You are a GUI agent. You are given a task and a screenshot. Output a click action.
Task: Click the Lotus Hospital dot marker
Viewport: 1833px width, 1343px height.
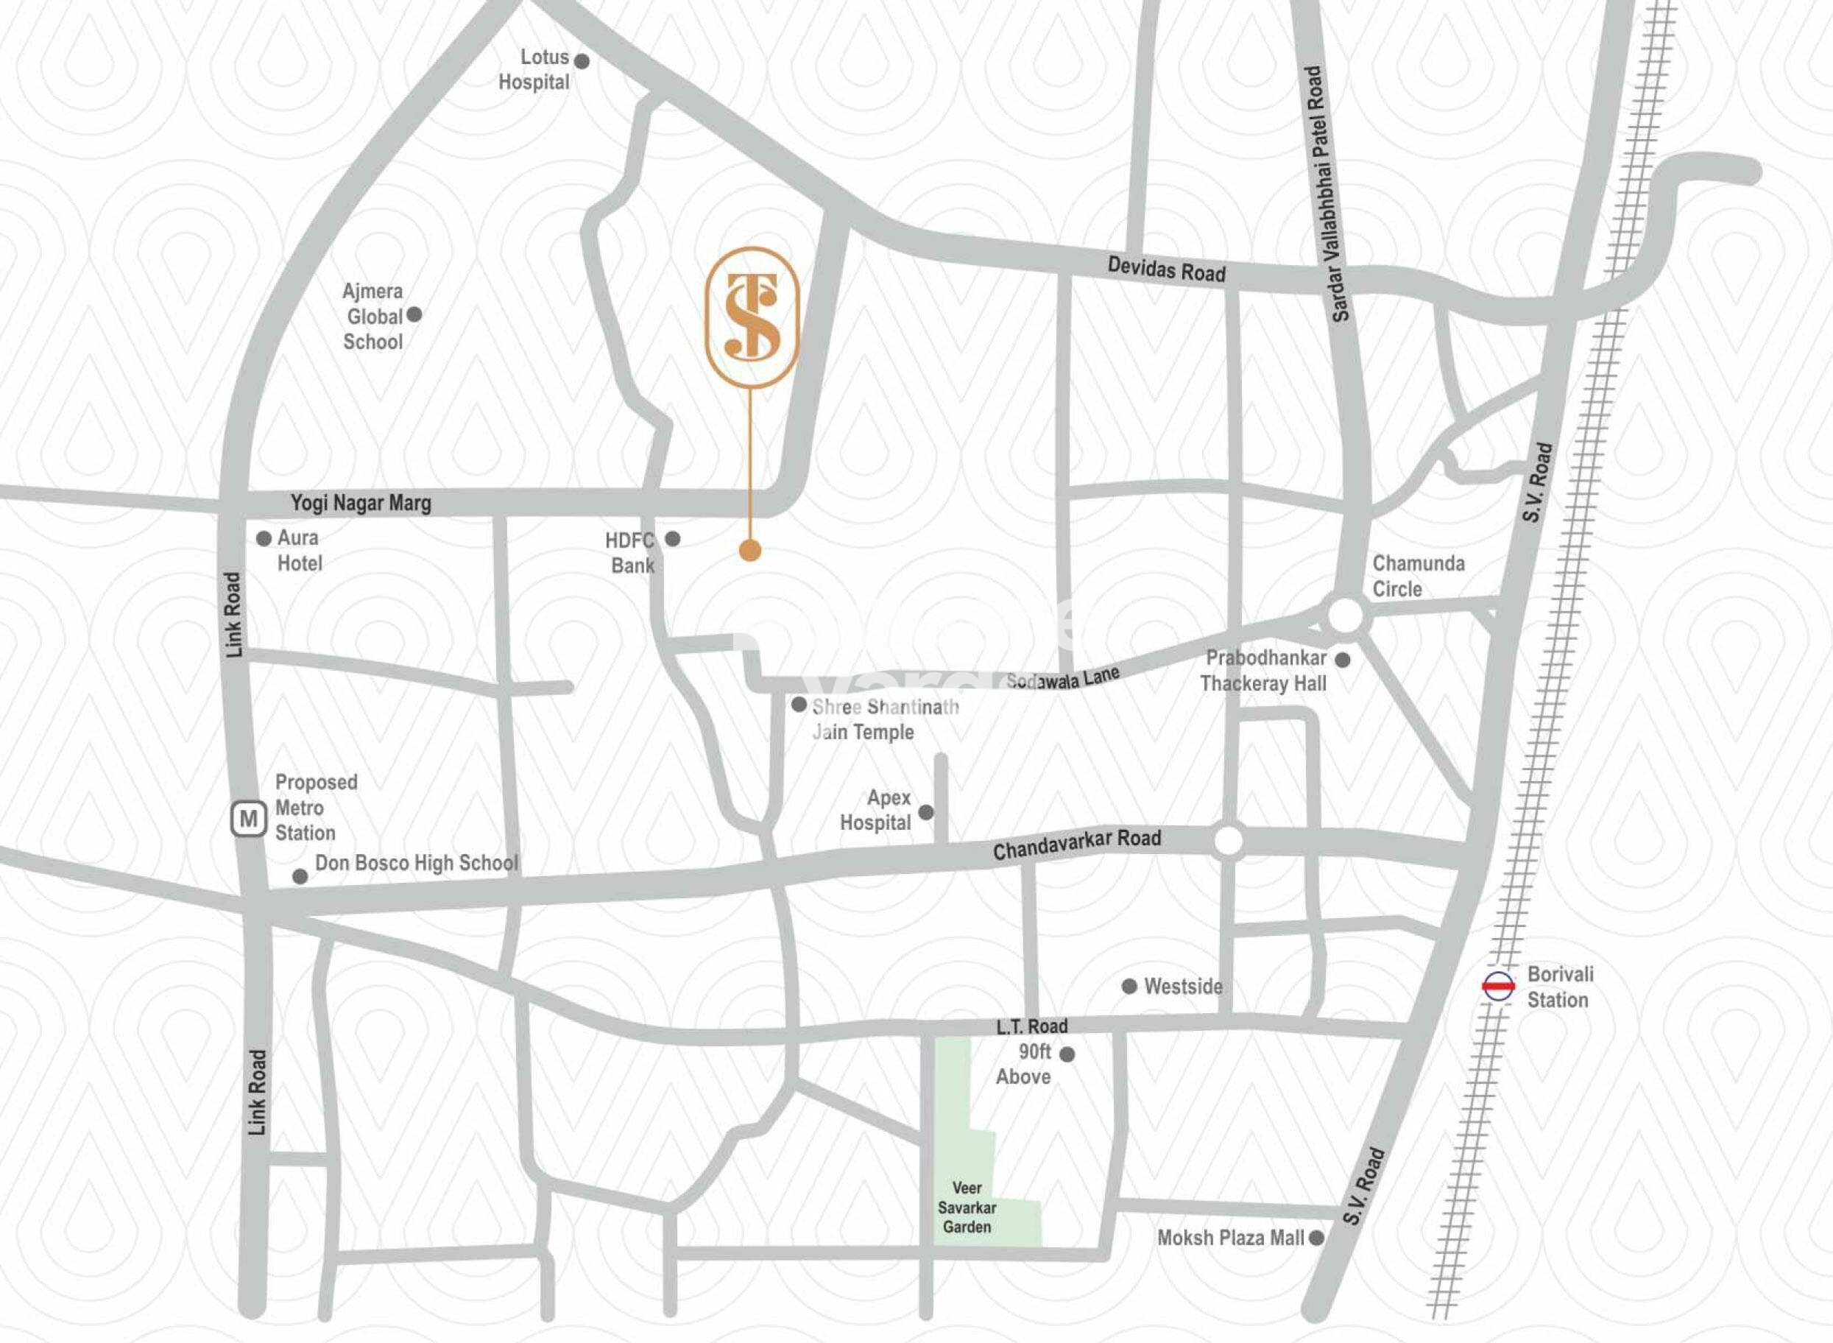(582, 61)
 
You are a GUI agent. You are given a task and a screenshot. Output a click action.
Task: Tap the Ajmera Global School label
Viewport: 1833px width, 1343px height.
(373, 317)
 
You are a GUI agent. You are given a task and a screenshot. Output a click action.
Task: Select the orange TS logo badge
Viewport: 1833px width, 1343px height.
(752, 317)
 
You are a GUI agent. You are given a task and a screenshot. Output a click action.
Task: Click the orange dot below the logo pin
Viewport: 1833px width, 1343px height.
(750, 550)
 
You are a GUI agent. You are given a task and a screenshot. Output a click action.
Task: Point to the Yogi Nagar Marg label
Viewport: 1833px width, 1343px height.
(361, 503)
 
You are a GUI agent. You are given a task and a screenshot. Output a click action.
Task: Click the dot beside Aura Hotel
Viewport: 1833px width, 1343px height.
(264, 539)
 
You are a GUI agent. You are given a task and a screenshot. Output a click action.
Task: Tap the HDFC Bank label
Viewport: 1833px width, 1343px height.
(630, 553)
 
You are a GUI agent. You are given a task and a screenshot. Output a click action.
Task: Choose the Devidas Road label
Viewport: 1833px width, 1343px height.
(1167, 269)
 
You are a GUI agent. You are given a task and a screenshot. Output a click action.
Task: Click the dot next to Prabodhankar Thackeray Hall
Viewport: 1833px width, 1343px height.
(1343, 660)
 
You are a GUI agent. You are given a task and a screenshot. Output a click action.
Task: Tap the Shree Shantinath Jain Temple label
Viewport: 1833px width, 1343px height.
(884, 719)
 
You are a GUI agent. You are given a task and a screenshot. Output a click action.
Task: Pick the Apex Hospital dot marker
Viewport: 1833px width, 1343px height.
(926, 812)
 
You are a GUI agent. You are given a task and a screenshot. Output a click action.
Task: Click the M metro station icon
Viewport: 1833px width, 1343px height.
(249, 819)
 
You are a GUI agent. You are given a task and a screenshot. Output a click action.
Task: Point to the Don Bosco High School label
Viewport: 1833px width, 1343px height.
(416, 864)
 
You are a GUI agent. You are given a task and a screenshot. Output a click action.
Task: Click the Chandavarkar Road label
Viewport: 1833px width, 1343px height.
(1077, 844)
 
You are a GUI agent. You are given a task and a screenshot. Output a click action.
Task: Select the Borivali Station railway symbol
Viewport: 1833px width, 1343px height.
(1498, 986)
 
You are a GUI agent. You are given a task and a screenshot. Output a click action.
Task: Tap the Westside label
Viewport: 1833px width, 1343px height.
(1183, 987)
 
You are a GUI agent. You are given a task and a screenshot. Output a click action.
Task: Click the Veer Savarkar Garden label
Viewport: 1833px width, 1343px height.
(967, 1208)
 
